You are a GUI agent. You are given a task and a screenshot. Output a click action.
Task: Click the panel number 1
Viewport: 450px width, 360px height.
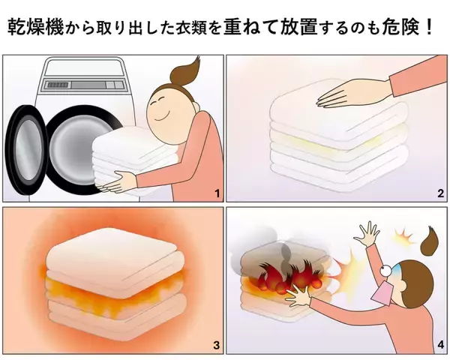click(216, 194)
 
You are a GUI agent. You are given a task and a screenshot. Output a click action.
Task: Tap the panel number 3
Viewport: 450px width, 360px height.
click(216, 346)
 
